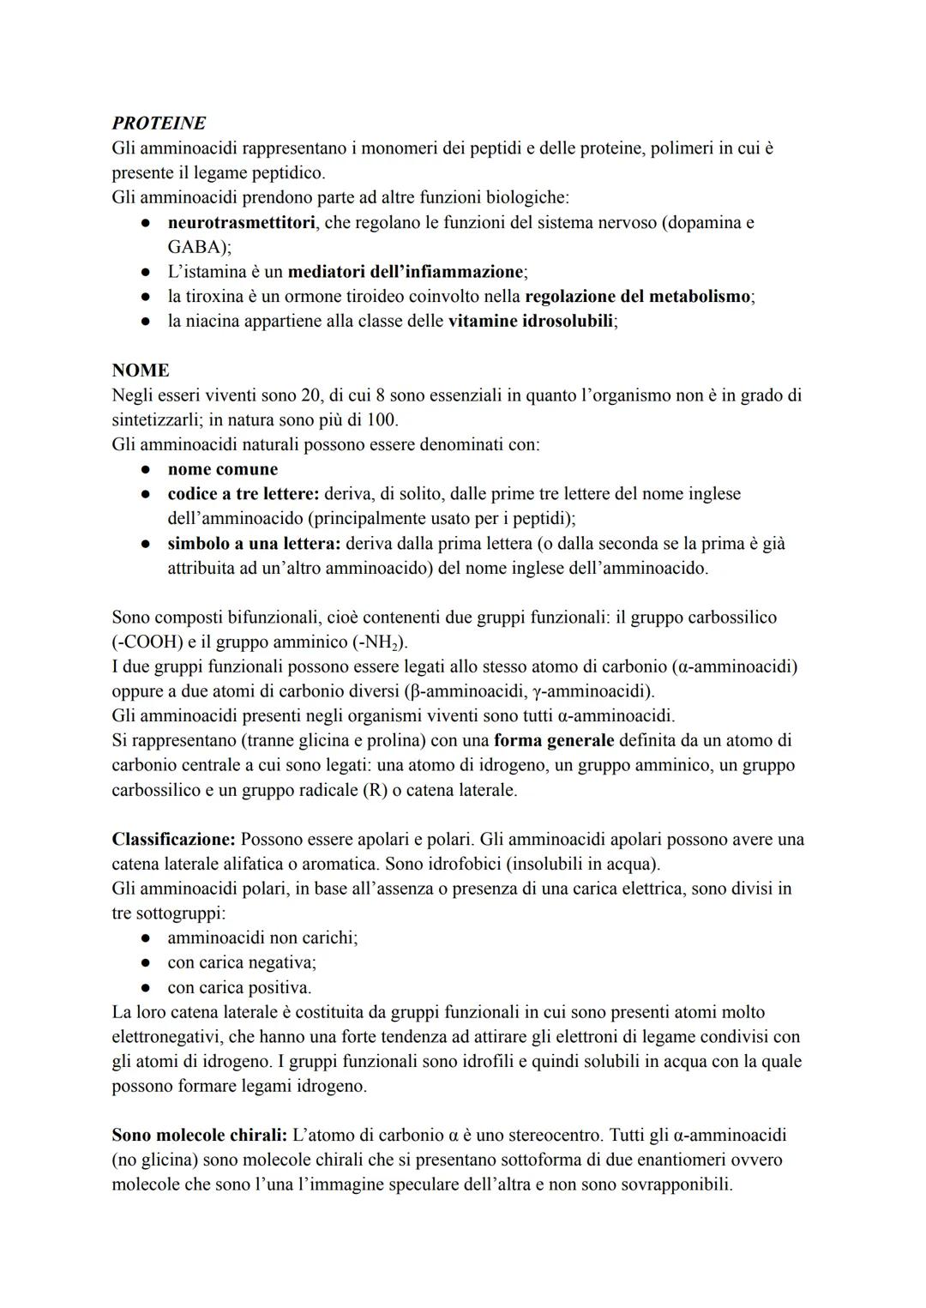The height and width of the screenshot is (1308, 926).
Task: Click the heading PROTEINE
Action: click(159, 124)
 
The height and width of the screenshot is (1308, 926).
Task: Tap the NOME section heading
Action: click(141, 371)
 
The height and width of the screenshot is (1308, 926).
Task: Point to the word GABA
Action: click(196, 247)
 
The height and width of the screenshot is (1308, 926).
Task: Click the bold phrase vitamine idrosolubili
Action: click(532, 322)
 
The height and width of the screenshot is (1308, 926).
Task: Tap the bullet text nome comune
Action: click(223, 469)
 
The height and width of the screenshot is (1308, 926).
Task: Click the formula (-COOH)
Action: click(145, 642)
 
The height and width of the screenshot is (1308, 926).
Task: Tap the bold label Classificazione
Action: click(174, 839)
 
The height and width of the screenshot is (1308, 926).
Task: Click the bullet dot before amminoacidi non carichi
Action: click(147, 937)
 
